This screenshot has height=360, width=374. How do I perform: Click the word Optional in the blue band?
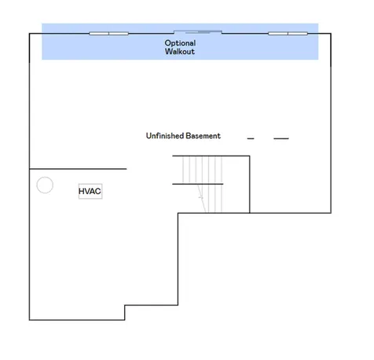pos(180,43)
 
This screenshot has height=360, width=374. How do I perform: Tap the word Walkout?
pos(180,51)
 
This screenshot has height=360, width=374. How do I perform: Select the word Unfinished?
pos(165,136)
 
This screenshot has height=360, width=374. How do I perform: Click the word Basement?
pos(203,136)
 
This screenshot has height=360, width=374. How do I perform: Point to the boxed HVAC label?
pos(90,191)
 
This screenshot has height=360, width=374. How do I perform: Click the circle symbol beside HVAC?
pos(45,185)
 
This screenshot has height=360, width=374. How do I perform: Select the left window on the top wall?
pos(108,34)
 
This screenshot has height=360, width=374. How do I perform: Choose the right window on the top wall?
pos(288,34)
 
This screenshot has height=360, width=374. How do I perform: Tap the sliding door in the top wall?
pos(198,32)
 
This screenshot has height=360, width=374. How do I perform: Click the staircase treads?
pos(202,184)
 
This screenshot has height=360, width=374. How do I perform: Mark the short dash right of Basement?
pos(251,138)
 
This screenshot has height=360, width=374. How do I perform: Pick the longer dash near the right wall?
pos(281,138)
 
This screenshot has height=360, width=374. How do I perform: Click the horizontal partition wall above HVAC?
pos(78,169)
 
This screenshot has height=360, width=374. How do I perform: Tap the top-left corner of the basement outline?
pos(29,34)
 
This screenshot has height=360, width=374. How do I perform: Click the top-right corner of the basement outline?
pos(331,34)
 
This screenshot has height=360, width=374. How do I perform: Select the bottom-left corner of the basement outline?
pos(29,320)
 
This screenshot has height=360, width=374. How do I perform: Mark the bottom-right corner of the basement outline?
pos(331,213)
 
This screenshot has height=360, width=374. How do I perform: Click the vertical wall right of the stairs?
pos(250,184)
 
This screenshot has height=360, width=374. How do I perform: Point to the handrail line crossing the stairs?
pos(198,184)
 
